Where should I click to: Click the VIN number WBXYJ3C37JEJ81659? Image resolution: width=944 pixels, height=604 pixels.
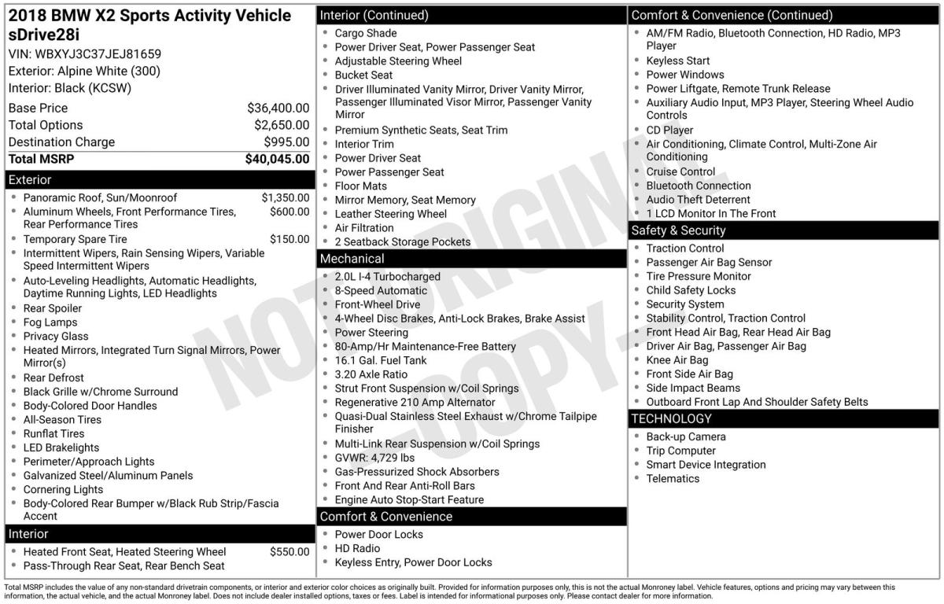pos(98,54)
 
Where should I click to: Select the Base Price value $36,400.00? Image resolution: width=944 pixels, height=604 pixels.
pos(278,108)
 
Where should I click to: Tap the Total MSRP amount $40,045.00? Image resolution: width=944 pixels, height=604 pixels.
pos(277,159)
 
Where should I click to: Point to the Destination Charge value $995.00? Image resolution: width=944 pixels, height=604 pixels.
pos(286,142)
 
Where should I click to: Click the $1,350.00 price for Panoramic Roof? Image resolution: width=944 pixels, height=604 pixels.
pos(285,198)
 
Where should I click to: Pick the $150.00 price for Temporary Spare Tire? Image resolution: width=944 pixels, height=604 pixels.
pos(289,239)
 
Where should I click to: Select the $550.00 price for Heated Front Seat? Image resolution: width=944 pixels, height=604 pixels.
pos(289,552)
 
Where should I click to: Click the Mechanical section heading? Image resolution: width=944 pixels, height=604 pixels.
pos(352,259)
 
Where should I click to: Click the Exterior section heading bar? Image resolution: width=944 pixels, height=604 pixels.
pos(29,180)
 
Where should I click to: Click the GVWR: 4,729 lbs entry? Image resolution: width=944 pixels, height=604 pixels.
pos(374,458)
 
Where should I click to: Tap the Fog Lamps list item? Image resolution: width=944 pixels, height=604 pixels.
pos(50,322)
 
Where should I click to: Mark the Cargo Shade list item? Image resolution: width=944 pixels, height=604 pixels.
pos(366,33)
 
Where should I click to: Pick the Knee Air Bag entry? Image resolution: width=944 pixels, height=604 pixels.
pos(677,360)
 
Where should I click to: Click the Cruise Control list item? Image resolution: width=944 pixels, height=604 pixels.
pos(680,171)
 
